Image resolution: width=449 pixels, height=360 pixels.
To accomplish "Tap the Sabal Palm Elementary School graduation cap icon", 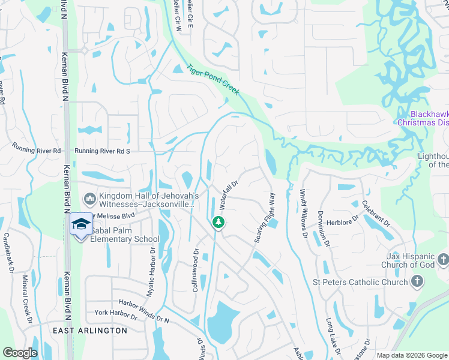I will click(x=80, y=224).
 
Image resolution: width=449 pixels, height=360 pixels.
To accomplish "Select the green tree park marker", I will click(x=217, y=223).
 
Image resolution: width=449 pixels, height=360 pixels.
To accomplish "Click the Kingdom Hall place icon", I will click(x=89, y=197).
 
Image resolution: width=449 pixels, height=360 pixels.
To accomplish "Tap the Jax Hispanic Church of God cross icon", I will click(x=443, y=260).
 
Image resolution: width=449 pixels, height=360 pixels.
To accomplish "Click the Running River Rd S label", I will click(x=102, y=152).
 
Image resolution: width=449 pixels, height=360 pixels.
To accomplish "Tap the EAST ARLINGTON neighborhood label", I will click(x=89, y=331).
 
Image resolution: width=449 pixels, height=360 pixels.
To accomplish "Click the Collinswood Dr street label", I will click(x=195, y=271).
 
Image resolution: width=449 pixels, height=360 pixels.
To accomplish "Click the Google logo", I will click(x=20, y=353).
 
